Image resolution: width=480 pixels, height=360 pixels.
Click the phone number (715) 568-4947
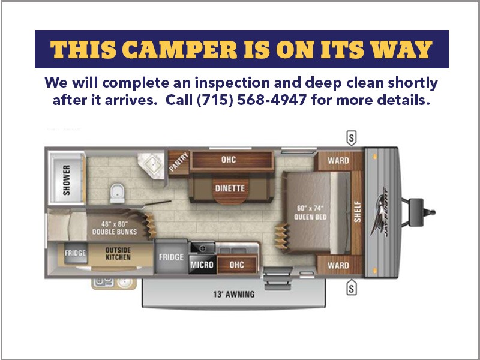251,100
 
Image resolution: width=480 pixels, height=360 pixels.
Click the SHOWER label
67,180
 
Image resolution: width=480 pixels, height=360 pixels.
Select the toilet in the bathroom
117,193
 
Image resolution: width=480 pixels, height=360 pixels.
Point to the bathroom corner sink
152,166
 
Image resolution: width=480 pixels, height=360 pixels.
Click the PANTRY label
179,162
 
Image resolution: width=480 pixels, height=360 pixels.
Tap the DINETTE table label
230,188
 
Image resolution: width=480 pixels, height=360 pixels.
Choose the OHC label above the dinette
229,160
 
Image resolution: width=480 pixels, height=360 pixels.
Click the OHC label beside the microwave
236,265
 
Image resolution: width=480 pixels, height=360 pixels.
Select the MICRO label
202,265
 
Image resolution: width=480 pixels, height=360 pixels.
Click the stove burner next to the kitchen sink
202,248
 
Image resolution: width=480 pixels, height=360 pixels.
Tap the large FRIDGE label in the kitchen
171,257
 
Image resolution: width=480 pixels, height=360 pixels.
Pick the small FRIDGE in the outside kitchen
76,253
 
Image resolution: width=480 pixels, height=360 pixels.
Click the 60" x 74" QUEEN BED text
310,212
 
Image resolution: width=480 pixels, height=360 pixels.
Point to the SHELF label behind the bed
358,212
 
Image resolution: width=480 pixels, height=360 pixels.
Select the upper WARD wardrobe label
338,160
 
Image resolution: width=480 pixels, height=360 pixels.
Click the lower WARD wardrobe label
338,265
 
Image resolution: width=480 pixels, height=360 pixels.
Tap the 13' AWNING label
234,295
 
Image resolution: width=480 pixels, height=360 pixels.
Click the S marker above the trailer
352,138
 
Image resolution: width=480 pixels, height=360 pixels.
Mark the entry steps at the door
278,278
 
